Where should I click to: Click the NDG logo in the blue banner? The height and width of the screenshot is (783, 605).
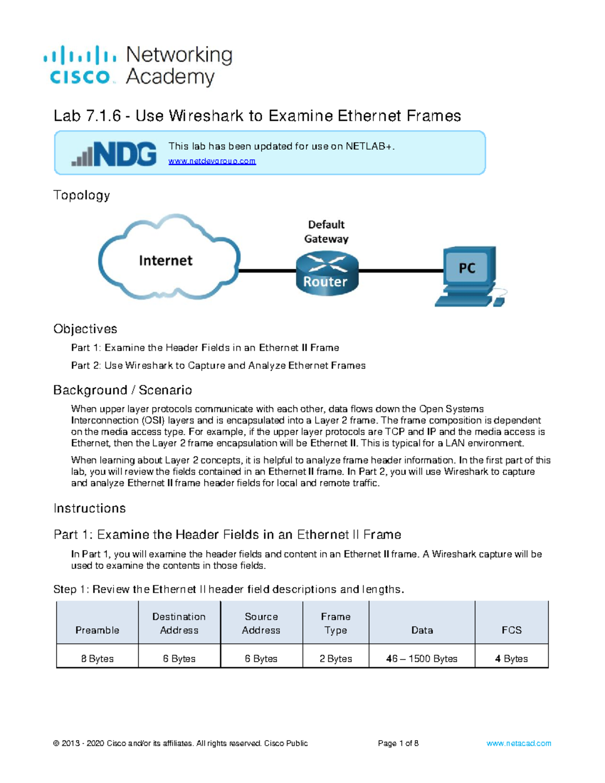pyautogui.click(x=114, y=154)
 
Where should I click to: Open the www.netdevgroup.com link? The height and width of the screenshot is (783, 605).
pyautogui.click(x=212, y=161)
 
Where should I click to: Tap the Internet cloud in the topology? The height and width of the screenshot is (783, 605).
pyautogui.click(x=166, y=260)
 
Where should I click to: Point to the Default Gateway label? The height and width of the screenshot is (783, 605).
pyautogui.click(x=326, y=231)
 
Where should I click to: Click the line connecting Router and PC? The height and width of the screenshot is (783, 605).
pyautogui.click(x=401, y=271)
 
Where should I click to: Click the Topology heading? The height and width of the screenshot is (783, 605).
pyautogui.click(x=82, y=195)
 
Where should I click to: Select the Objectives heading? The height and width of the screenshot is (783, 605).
pyautogui.click(x=85, y=329)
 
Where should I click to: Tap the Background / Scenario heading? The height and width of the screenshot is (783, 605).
pyautogui.click(x=123, y=390)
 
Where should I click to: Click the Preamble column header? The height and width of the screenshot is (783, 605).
pyautogui.click(x=97, y=630)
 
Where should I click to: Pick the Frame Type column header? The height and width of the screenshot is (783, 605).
pyautogui.click(x=336, y=623)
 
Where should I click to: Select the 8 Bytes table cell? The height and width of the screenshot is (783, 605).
pyautogui.click(x=97, y=658)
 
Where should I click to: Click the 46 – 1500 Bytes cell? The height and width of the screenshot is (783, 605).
pyautogui.click(x=422, y=658)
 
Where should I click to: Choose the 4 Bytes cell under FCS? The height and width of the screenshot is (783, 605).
pyautogui.click(x=511, y=658)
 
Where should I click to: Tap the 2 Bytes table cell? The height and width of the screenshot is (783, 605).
pyautogui.click(x=336, y=658)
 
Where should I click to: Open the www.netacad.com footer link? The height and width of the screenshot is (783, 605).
pyautogui.click(x=519, y=743)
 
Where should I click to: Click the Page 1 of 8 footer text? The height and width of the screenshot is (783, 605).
pyautogui.click(x=398, y=743)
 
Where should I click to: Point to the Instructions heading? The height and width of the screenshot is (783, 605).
pyautogui.click(x=90, y=508)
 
